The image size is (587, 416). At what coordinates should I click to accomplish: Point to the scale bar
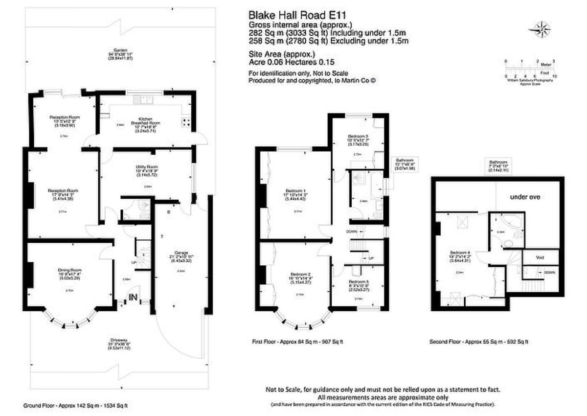click(530, 69)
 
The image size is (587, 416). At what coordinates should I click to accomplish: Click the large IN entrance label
click(132, 297)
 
